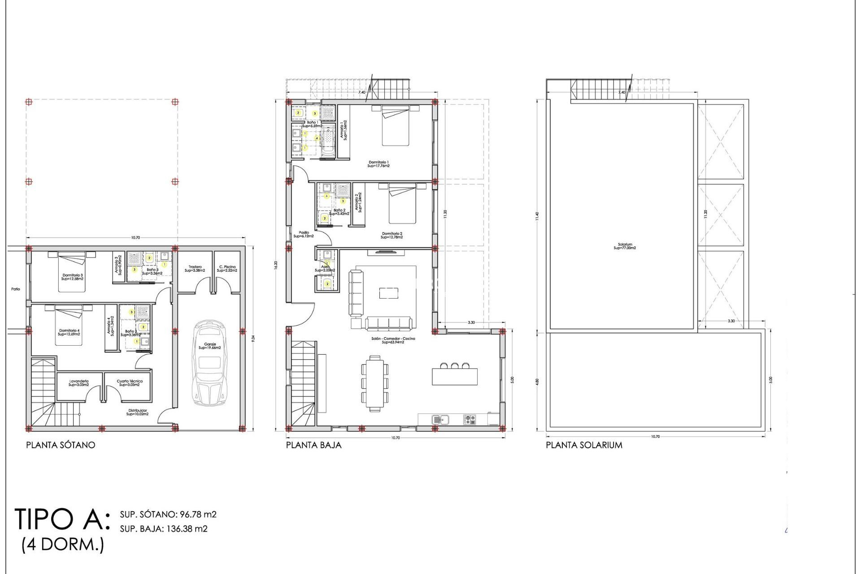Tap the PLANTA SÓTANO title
point(61,445)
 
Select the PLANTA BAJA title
point(313,445)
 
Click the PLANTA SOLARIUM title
point(584,445)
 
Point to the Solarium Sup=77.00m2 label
point(625,246)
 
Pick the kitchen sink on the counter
point(441,420)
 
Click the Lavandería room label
point(78,383)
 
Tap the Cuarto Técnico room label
point(130,383)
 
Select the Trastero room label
point(195,269)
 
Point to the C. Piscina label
point(226,269)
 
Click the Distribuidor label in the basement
point(138,412)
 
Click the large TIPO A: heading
point(62,520)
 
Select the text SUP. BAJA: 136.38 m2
point(164,529)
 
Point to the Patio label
point(16,289)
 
